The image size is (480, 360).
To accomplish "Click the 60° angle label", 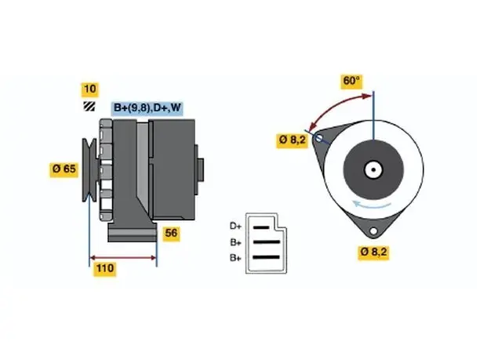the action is coord(351,81).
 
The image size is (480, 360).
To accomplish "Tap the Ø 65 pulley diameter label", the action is coord(64,169).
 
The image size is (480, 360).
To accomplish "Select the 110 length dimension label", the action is coord(105,268).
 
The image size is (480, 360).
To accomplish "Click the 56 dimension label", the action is coord(171,234).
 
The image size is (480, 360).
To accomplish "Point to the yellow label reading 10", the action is coord(89,89).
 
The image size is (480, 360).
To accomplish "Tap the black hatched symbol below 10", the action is coord(89,106).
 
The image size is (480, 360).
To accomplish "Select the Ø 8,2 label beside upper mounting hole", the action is coord(292,140).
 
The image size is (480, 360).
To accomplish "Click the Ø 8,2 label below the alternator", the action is coord(373,253).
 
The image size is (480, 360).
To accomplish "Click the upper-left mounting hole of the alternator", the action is coord(318,138).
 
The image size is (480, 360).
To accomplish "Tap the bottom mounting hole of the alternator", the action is coord(373,231).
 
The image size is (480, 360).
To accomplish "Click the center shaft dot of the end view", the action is coord(373,169).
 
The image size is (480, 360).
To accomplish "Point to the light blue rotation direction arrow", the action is coord(371,205).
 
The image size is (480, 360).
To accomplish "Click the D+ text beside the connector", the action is coord(235,226).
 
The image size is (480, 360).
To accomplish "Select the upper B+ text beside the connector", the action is coord(236,242).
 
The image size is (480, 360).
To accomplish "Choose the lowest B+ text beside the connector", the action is coord(235,258).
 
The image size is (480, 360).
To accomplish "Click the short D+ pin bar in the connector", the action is coord(261,227).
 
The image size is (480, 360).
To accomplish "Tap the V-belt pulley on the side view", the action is coord(89,170).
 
